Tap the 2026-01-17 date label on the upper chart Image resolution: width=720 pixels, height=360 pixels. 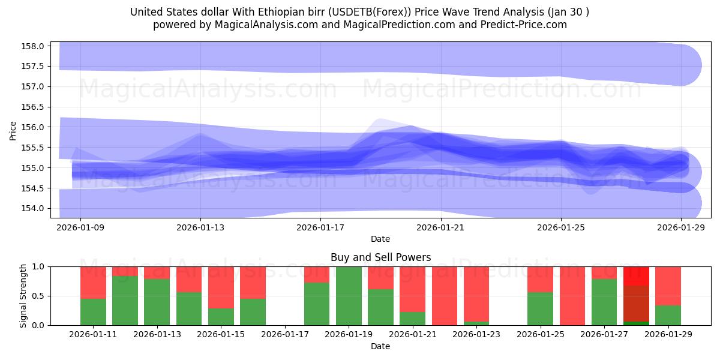(321, 227)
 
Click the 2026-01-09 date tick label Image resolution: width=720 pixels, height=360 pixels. (80, 227)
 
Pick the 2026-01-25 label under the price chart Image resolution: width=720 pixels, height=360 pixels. (561, 227)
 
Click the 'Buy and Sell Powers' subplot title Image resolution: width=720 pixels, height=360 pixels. (380, 257)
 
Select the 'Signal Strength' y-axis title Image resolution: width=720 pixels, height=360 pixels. (23, 296)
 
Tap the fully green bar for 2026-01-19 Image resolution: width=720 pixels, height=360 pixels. (349, 296)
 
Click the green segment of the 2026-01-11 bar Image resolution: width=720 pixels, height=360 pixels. (93, 312)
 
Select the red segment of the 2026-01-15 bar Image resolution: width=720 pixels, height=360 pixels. (221, 287)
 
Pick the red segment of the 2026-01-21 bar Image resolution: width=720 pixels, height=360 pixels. (412, 289)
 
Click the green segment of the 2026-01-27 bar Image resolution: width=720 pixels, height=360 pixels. (604, 302)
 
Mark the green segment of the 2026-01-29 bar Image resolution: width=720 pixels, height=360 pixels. (668, 316)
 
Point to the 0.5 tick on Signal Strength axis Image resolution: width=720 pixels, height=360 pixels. (38, 296)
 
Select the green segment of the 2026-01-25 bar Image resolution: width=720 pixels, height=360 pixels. (540, 308)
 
